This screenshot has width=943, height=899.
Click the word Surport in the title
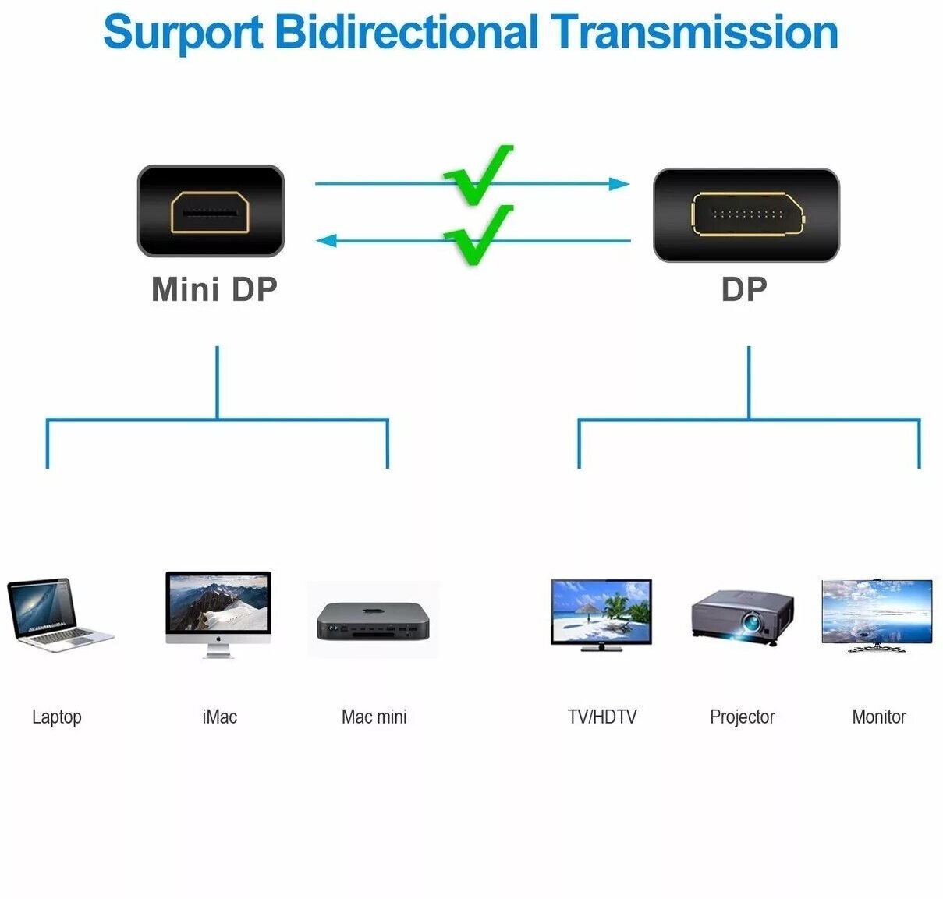[183, 33]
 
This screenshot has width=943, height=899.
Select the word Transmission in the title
[694, 33]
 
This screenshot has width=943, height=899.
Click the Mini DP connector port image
[211, 211]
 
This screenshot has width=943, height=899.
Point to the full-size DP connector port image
[746, 214]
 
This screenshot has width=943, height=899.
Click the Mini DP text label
[214, 289]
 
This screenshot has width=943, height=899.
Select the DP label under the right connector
[744, 289]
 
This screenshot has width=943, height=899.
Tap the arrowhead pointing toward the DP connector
[619, 184]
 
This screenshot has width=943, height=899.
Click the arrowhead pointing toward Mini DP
[326, 240]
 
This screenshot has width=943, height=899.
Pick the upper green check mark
[477, 176]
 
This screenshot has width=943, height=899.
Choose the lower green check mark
[477, 235]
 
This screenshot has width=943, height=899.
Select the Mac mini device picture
[373, 621]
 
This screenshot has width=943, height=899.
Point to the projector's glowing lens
[752, 623]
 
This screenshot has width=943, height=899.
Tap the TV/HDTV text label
[601, 717]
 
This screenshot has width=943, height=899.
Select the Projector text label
[742, 717]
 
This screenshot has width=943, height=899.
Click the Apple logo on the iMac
[218, 638]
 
